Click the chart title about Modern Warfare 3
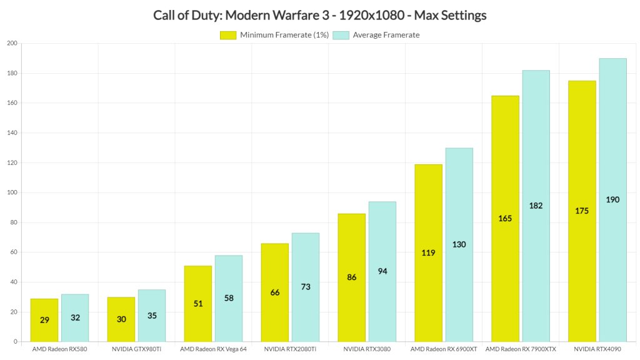(319, 15)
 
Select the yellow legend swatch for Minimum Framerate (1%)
(228, 35)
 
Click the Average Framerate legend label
(386, 35)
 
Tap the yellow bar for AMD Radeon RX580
(44, 320)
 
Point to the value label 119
(428, 253)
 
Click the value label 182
(536, 206)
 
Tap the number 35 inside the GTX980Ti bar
(152, 316)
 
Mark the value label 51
(197, 304)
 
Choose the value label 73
(305, 287)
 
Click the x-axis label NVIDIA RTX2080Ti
(290, 349)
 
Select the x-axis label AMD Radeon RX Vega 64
(213, 349)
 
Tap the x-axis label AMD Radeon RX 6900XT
(444, 349)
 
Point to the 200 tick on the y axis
(12, 43)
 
